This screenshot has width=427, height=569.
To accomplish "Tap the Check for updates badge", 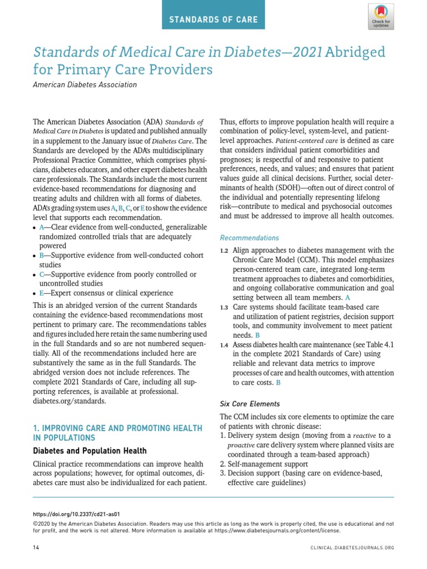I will [380, 17].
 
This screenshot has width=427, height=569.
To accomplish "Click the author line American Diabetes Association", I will [85, 85].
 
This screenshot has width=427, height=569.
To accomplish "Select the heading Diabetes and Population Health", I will [90, 451].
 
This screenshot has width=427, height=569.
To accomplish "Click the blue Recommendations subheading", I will [250, 237].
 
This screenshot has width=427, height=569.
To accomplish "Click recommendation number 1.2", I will [224, 251].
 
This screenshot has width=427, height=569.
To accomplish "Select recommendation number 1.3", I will [224, 307].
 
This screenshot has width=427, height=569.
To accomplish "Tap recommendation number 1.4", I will [224, 346].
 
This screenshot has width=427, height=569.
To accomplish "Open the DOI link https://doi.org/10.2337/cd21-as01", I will [77, 515].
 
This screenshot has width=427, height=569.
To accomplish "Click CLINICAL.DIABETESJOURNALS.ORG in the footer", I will [352, 548].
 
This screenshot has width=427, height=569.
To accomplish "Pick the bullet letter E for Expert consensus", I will [41, 293].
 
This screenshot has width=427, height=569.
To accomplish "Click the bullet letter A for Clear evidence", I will [41, 227].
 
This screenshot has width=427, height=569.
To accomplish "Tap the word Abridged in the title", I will [355, 52].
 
